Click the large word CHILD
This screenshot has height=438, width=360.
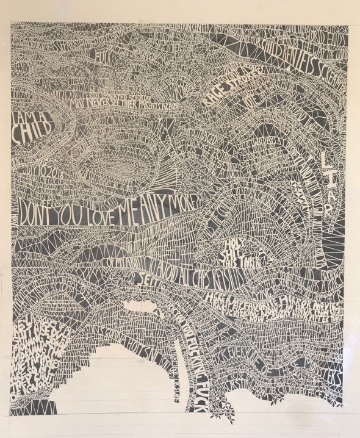30,136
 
